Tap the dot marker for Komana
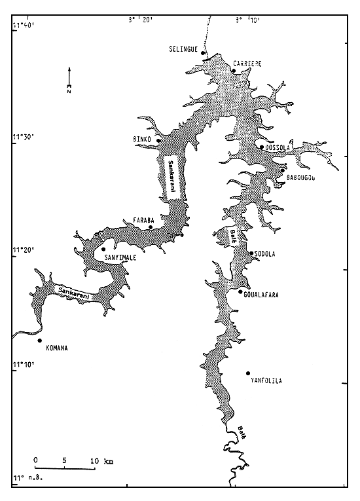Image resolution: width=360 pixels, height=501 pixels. tap(39, 341)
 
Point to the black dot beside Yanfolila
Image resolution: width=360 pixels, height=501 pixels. tap(249, 373)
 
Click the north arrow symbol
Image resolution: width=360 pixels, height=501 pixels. tap(69, 79)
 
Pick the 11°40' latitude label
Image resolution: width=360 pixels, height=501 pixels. tap(23, 26)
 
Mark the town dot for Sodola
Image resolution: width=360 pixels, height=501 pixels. tap(251, 253)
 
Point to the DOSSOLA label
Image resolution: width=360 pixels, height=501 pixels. tap(279, 148)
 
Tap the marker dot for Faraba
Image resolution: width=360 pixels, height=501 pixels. tap(151, 227)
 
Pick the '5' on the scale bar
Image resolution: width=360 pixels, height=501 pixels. tap(64, 461)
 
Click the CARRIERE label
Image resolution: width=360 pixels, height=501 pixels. tap(247, 64)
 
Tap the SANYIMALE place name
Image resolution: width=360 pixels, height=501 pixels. tap(120, 258)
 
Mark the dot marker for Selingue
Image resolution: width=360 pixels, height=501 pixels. tap(203, 54)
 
